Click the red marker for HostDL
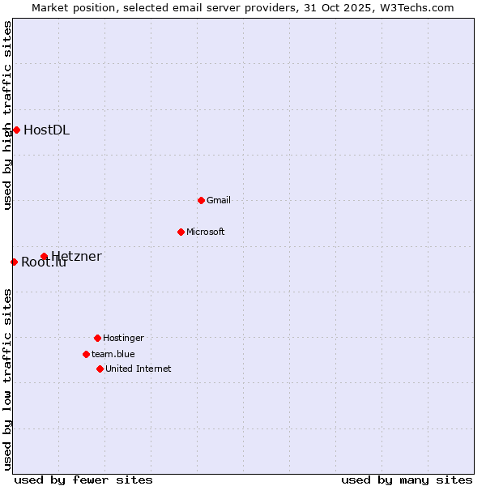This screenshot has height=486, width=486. click(16, 130)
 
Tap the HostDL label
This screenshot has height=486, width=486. click(46, 130)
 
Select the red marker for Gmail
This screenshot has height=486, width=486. click(201, 200)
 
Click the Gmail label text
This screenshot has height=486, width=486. click(219, 200)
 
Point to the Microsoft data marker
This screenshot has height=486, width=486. click(181, 232)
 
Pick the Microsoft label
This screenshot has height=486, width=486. click(206, 232)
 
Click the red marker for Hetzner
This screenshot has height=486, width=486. click(44, 257)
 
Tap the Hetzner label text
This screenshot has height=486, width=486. click(77, 257)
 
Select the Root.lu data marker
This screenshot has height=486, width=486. click(14, 262)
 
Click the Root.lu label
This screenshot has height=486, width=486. click(43, 262)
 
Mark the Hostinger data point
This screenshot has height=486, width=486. click(97, 338)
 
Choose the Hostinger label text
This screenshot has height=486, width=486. click(123, 338)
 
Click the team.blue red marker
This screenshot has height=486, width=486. click(86, 354)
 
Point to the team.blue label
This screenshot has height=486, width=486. click(113, 354)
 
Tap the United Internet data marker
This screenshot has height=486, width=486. click(100, 369)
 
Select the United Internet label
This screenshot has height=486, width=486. click(139, 369)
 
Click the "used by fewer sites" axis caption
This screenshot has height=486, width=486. click(83, 480)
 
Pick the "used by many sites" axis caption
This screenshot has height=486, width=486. click(407, 480)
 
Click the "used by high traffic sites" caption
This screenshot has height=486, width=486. click(7, 115)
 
